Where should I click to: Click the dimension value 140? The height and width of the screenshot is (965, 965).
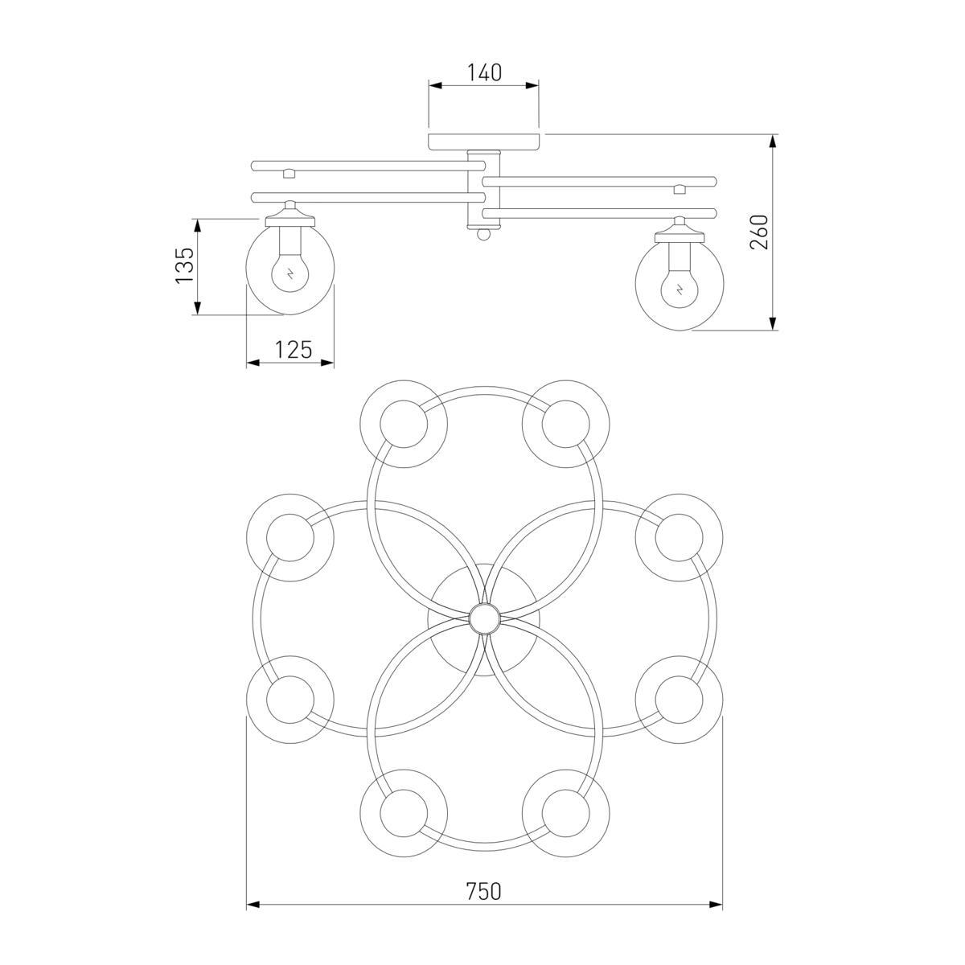click(484, 73)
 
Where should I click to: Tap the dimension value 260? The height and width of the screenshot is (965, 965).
click(758, 232)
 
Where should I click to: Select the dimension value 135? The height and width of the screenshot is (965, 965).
click(184, 265)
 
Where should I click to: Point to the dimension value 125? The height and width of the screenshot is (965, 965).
click(294, 349)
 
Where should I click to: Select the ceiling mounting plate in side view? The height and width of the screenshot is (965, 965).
click(484, 142)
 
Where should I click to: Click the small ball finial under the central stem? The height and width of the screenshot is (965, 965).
click(483, 234)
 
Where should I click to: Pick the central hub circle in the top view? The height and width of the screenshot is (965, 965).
click(484, 619)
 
